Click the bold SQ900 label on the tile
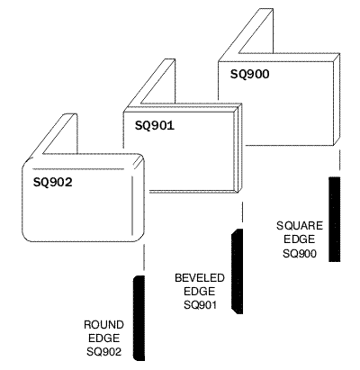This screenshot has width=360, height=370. point(249,74)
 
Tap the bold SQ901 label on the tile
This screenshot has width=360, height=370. point(155,125)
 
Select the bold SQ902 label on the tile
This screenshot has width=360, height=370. point(53,182)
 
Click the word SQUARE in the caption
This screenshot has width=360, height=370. point(300,226)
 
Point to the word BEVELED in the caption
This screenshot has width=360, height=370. point(200,278)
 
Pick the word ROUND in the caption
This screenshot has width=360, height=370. point(103,325)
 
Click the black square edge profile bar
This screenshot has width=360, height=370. point(335,220)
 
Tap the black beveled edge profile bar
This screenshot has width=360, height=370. point(237,271)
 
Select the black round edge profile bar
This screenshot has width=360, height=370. point(139,318)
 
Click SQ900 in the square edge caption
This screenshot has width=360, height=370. point(300,254)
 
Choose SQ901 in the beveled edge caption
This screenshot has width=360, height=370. point(200,305)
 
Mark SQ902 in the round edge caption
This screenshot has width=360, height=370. point(104,352)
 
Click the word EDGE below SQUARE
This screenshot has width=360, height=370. point(300,239)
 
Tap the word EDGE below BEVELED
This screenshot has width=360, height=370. point(200,292)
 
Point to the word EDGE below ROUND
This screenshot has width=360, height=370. point(103,338)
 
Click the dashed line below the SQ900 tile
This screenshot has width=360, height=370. point(339,161)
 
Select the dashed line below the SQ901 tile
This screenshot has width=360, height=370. point(242,212)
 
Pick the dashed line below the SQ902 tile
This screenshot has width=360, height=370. point(144,257)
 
